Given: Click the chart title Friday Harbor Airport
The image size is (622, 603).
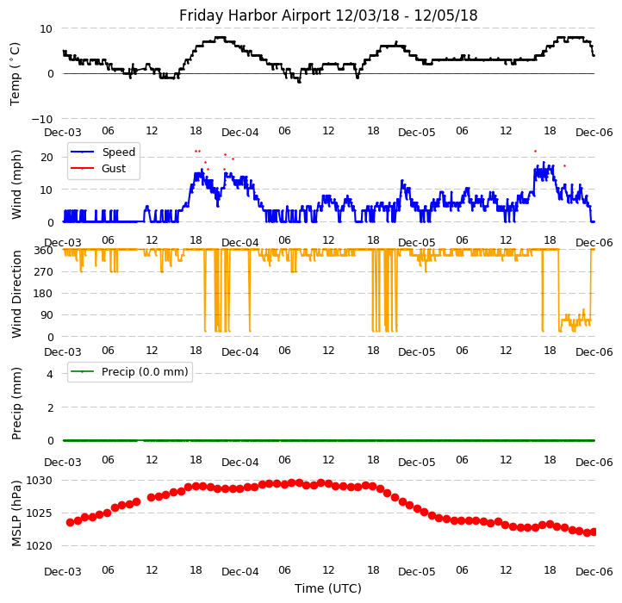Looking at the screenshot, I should pos(328,16).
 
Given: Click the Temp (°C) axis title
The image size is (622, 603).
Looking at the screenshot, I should pos(16,73).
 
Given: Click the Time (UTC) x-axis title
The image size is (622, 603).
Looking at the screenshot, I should pos(328,588).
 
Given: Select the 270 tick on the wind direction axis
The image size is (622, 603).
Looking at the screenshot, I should pos(43,272).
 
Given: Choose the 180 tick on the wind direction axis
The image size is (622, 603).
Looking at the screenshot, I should pos(43,294).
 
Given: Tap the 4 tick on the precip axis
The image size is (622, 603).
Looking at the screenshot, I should pos(50,374).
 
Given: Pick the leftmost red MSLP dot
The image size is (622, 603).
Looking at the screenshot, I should pos(70,522).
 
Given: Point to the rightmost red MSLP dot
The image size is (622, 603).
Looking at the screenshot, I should pos(594,532).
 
